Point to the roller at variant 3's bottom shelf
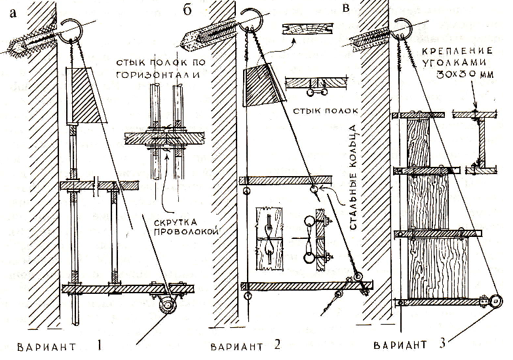[x=489, y=301]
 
